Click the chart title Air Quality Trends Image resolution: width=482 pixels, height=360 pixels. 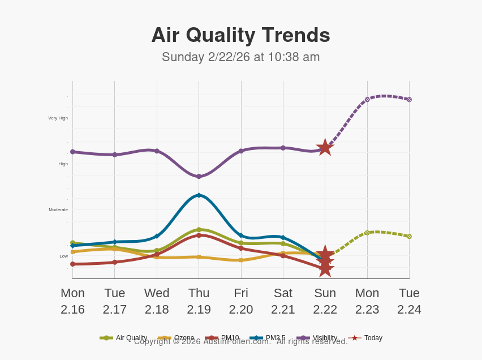[240, 35]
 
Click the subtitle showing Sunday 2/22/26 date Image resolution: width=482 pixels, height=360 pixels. [240, 57]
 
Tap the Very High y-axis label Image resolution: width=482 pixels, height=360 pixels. [58, 118]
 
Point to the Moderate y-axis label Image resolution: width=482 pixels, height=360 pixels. [58, 210]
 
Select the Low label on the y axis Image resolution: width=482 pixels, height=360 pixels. [64, 256]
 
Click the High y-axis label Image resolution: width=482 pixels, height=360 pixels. [63, 164]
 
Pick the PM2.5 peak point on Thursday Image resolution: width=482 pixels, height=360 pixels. [199, 195]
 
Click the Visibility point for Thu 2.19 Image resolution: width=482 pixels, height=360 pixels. [199, 177]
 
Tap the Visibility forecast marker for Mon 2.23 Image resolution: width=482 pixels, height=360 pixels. [367, 100]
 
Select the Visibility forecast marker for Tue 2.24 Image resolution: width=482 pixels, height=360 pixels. [409, 100]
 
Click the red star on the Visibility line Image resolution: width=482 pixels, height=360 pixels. [325, 148]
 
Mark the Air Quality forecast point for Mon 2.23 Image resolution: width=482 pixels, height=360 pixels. [367, 233]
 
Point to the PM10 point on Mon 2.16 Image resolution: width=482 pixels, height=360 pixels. [72, 264]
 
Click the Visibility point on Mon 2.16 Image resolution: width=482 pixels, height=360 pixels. [72, 152]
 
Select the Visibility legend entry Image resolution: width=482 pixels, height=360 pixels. [317, 338]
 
